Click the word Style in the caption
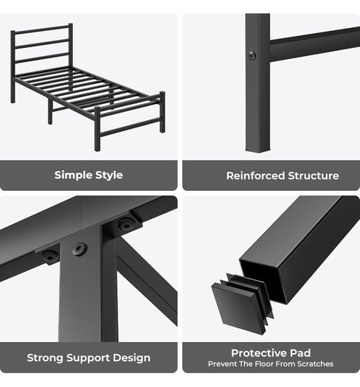pos(109,175)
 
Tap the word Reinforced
pos(256,176)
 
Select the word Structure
pos(314,176)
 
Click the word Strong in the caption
pos(45,358)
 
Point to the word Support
pos(88,358)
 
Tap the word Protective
pos(259,353)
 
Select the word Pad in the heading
pos(300,353)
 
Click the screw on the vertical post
pos(252,56)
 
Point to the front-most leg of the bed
pos(97,129)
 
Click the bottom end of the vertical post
pos(258,150)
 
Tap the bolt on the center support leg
pos(80,249)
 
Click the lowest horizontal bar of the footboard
pos(131,127)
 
